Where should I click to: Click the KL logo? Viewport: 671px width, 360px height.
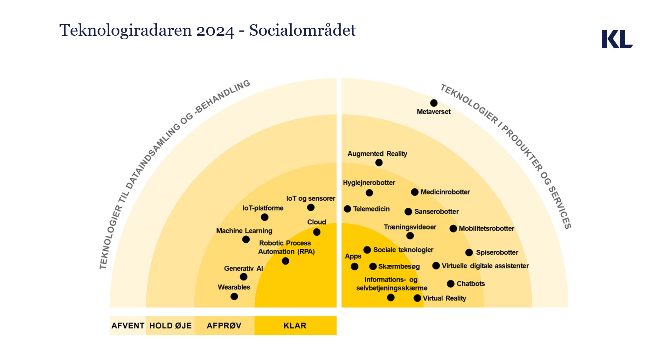point(617,39)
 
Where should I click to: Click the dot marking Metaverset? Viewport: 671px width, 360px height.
point(434,103)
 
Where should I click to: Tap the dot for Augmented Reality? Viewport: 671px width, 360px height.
point(379,162)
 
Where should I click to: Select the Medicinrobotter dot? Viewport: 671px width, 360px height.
point(415,192)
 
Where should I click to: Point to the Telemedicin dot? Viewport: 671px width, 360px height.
point(347,209)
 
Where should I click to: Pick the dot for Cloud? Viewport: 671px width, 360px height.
point(317,232)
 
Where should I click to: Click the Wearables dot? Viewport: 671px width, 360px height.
point(234,297)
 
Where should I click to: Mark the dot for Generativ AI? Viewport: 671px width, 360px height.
point(244,277)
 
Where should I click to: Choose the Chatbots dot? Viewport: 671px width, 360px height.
point(451,284)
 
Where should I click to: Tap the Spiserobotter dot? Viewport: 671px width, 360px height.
point(469,252)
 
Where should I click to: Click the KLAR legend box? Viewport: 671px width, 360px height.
point(295,326)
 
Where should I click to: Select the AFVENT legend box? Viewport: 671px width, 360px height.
point(128,326)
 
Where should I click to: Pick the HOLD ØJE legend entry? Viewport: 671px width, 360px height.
point(170,326)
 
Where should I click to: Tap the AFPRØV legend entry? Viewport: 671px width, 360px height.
point(224,326)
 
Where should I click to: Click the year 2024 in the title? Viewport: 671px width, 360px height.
point(215,30)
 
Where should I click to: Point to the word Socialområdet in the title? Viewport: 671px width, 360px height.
point(302,30)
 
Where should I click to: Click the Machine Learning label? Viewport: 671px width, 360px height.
point(244,231)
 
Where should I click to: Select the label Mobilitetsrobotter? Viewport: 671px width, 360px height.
point(486,229)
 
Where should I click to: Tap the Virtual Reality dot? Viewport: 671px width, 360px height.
point(417,298)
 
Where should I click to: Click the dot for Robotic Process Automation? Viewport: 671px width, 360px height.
point(285,261)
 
